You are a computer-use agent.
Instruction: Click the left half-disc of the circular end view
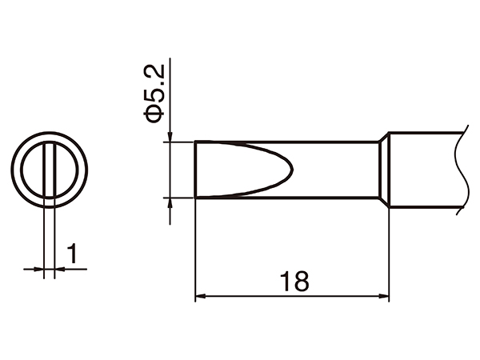click(x=34, y=170)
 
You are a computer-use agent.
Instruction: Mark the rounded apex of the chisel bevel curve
click(x=294, y=169)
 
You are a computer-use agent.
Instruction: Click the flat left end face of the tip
click(x=196, y=169)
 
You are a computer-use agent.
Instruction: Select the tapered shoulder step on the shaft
click(x=384, y=169)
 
